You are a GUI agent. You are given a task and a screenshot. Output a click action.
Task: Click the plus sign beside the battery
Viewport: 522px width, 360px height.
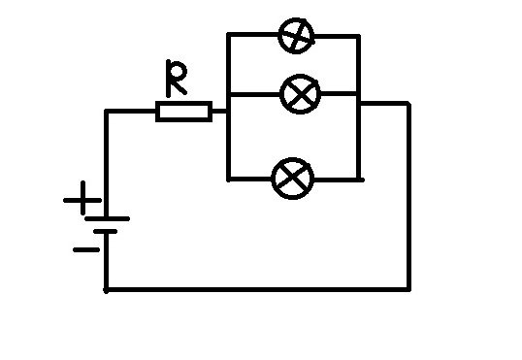(x=82, y=199)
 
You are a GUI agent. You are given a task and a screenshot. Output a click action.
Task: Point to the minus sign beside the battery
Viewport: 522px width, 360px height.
(x=86, y=249)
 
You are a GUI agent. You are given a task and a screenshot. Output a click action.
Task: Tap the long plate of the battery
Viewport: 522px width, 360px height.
(x=107, y=218)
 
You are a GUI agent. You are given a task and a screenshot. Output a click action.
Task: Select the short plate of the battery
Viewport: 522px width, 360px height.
(x=106, y=232)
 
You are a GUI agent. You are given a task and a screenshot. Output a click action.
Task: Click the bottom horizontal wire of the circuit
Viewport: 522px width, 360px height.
(x=258, y=290)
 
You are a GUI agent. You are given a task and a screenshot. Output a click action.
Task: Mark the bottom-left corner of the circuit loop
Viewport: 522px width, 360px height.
(x=106, y=290)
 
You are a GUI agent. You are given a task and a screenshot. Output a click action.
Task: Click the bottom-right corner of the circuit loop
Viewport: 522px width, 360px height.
(x=409, y=290)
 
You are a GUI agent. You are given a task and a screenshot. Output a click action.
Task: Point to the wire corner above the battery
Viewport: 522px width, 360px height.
(x=106, y=111)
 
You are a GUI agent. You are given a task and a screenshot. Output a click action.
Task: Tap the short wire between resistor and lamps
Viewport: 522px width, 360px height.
(x=219, y=112)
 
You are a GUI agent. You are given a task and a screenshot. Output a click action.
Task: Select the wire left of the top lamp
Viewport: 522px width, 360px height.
(x=253, y=35)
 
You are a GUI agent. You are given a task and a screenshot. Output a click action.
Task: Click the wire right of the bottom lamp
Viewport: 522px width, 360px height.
(x=339, y=180)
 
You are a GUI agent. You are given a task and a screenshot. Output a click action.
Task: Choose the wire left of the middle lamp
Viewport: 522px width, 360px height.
(x=255, y=94)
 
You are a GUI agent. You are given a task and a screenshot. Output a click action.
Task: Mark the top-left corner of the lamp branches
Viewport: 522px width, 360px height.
(x=228, y=35)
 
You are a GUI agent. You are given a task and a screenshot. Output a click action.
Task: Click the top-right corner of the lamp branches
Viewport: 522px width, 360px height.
(x=359, y=36)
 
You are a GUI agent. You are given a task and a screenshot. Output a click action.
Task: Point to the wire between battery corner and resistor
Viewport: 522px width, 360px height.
(x=131, y=111)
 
